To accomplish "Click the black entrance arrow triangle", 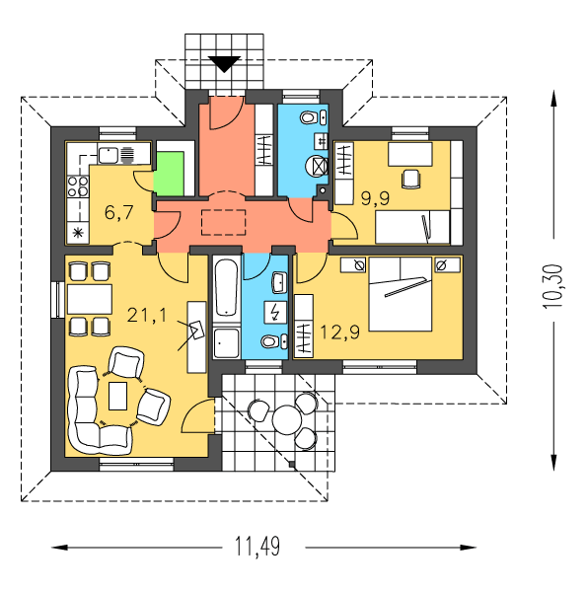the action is (224, 64).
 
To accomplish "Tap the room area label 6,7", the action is (119, 212).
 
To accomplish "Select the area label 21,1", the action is (147, 315).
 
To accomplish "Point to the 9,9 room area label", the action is (375, 198).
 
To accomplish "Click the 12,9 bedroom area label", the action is (339, 333).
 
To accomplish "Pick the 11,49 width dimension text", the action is (257, 547).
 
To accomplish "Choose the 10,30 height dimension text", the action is (552, 286).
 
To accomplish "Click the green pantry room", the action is (169, 174).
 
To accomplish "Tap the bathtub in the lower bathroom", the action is (227, 288).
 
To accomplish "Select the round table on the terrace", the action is (287, 420).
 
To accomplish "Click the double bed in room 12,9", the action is (401, 294).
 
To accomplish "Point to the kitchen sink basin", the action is (109, 156).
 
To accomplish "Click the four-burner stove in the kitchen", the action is (78, 186).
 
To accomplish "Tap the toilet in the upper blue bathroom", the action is (309, 117).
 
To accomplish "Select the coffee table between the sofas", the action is (117, 396).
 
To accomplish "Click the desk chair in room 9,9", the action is (410, 179).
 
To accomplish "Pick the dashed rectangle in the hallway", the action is (224, 222).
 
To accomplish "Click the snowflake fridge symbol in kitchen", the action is (78, 233).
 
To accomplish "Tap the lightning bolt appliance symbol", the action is (275, 312).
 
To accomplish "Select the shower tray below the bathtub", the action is (226, 343).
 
